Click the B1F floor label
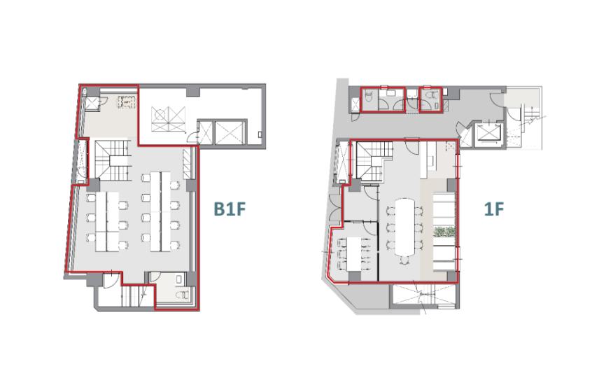(230, 209)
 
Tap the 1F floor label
(494, 209)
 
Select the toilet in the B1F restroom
(182, 294)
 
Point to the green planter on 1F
(444, 232)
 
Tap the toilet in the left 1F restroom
(368, 96)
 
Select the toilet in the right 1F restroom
(432, 95)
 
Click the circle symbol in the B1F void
(159, 114)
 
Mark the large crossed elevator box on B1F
(230, 132)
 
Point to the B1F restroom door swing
(155, 277)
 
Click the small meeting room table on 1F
(355, 254)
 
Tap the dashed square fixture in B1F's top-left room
(127, 102)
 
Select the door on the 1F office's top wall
(411, 146)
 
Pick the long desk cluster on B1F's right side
(160, 211)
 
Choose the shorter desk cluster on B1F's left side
(107, 221)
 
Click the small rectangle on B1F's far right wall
(260, 134)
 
